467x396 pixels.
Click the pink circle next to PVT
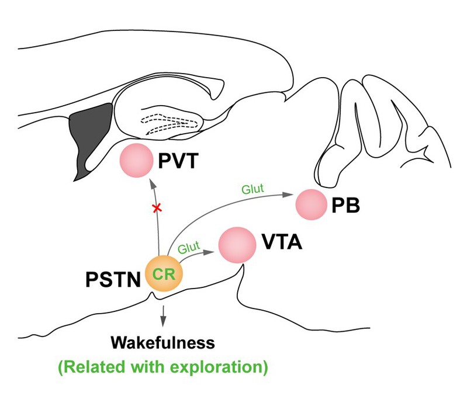coord(136,161)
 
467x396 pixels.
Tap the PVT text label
coord(178,161)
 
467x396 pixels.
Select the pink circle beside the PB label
coord(311,204)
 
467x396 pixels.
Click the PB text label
coord(345,205)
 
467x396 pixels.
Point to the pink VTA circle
coord(237,245)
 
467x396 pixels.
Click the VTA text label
coord(282,242)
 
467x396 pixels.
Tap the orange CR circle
coord(164,273)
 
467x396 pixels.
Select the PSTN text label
coord(113,279)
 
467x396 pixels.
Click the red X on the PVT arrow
coord(157,208)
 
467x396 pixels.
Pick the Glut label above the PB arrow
coord(252,189)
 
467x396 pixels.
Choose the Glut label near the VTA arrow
coord(189,247)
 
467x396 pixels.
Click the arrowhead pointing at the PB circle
coord(286,194)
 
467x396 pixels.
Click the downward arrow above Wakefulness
coord(162,315)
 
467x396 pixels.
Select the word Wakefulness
coord(162,342)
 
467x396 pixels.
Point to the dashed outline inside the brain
coord(169,123)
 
